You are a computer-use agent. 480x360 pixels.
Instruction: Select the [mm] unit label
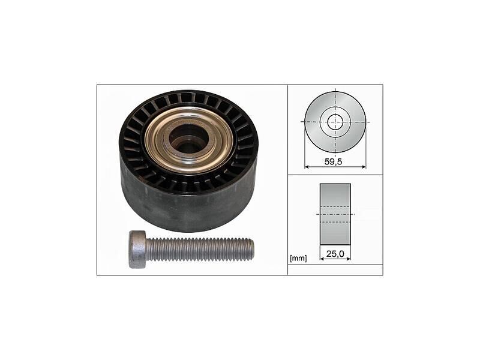[x=298, y=259]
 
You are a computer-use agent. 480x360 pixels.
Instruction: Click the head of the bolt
[x=137, y=248]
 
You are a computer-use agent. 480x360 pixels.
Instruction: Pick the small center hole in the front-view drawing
[x=335, y=121]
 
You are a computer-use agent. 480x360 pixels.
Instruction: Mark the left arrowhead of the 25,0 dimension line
[x=322, y=259]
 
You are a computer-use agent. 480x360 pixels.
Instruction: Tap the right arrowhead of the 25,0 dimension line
[x=349, y=259]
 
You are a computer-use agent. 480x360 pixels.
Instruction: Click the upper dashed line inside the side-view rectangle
[x=335, y=207]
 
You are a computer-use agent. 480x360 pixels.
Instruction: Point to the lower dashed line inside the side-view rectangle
[x=335, y=220]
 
